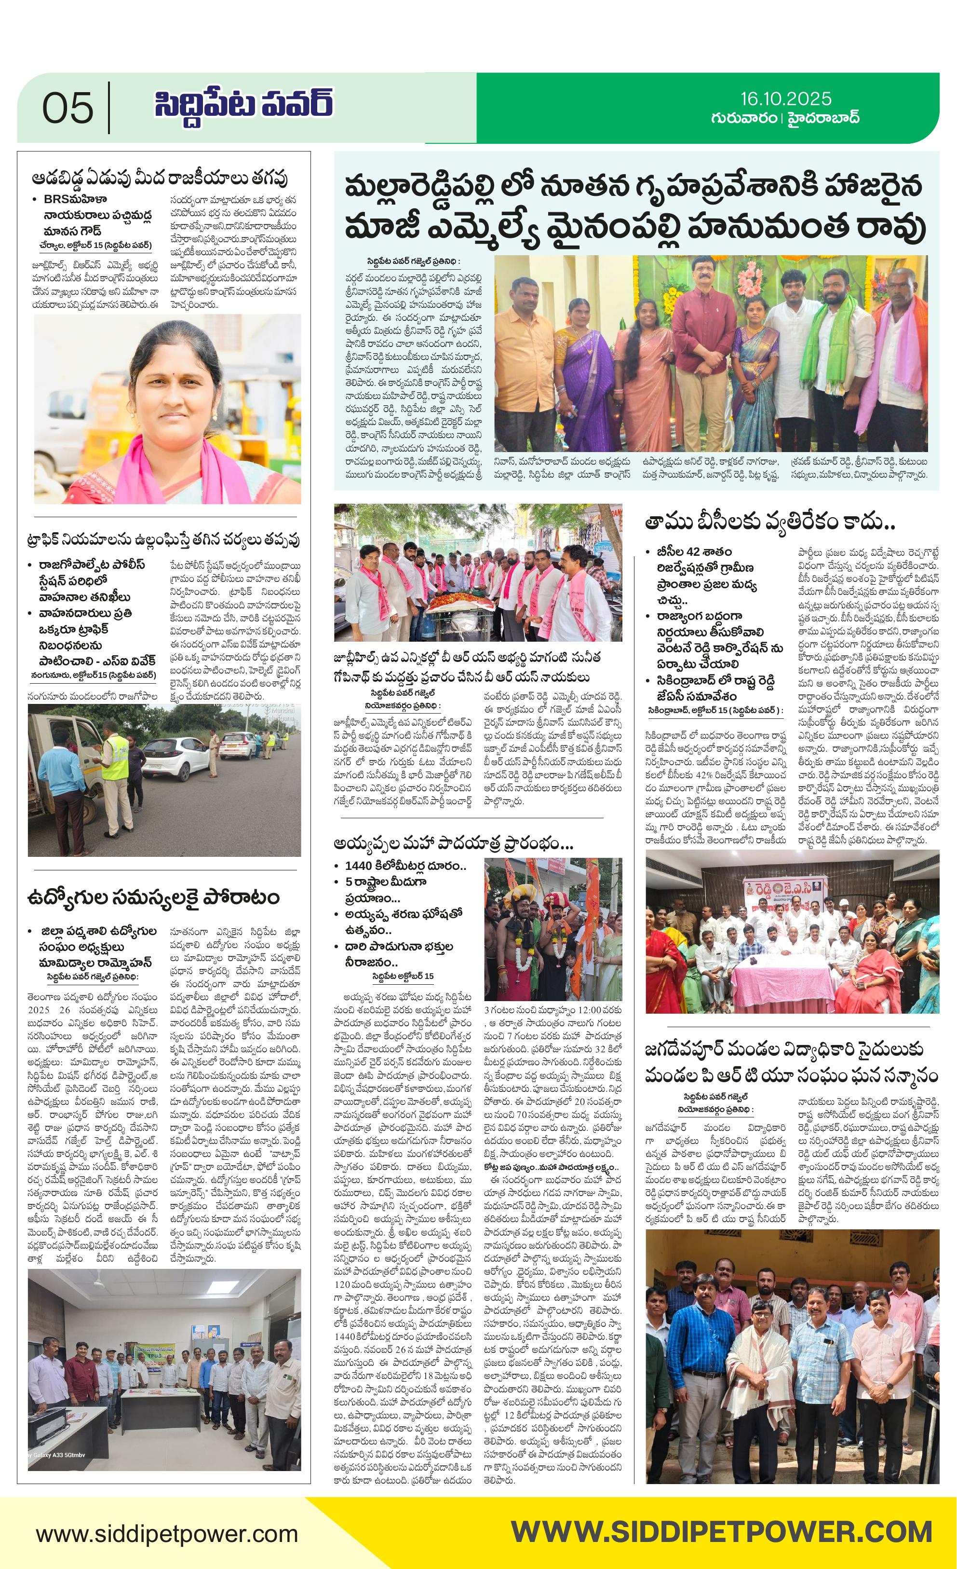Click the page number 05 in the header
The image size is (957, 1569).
click(67, 108)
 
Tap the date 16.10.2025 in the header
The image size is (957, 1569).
click(785, 99)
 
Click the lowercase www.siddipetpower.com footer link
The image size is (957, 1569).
click(167, 1533)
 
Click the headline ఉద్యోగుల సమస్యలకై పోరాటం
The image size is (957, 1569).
click(153, 897)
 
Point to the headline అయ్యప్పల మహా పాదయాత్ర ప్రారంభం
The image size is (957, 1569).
click(453, 844)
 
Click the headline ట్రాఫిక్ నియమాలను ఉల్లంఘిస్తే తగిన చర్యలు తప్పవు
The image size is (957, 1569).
click(163, 540)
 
